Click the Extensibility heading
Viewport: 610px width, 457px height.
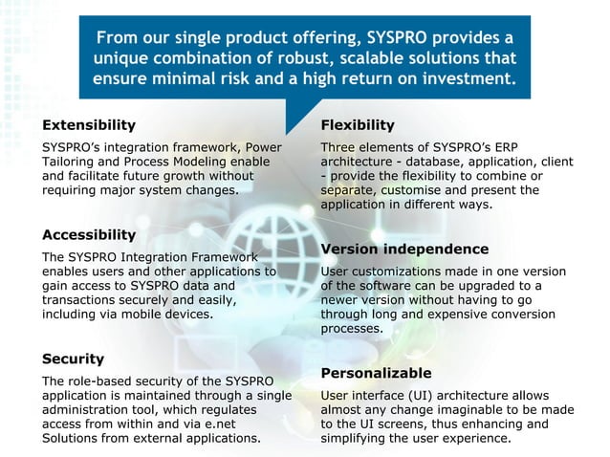pyautogui.click(x=89, y=125)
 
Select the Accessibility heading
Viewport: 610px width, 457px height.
pyautogui.click(x=89, y=234)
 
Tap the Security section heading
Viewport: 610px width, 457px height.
pyautogui.click(x=73, y=359)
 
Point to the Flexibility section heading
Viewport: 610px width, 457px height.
pyautogui.click(x=357, y=125)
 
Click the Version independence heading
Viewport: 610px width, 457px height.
pyautogui.click(x=404, y=249)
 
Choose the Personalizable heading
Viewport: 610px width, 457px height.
pyautogui.click(x=376, y=372)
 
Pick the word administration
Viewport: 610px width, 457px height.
pyautogui.click(x=85, y=410)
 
